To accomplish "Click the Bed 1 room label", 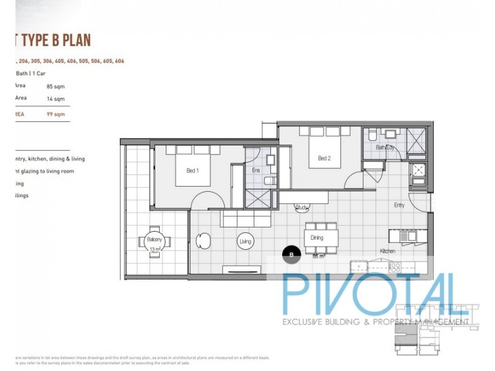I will pos(192,171).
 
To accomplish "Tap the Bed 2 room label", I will pos(324,158).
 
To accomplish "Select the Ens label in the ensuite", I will pos(256,171).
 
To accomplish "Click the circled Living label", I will pos(245,241).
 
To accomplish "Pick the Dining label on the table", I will pos(317,237).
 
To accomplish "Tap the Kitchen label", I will pos(389,251).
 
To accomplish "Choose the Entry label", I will pos(399,205).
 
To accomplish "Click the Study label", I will pos(301,208).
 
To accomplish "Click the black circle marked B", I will pos(291,253).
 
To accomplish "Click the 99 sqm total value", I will pos(56,114).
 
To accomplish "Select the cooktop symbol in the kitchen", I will pos(394,267).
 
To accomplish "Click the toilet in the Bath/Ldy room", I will pos(371,135).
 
